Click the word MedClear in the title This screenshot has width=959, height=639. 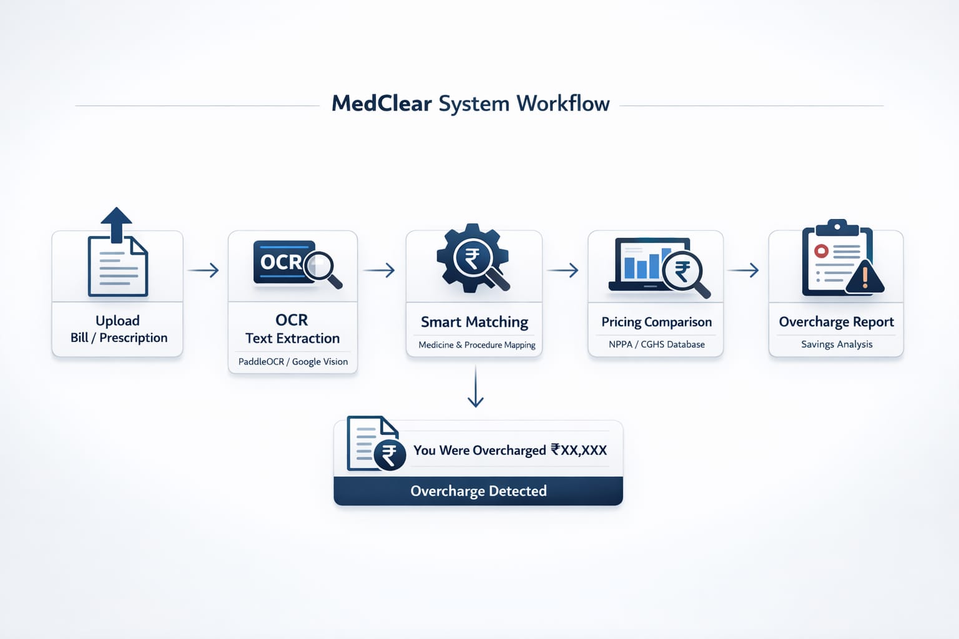[381, 104]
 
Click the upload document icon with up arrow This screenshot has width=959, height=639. [117, 253]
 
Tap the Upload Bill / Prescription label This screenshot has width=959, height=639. [118, 329]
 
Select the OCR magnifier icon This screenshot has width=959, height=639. [297, 265]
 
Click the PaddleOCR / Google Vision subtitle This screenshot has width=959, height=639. [293, 362]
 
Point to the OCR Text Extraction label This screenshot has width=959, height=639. [292, 329]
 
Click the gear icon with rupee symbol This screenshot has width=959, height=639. [473, 258]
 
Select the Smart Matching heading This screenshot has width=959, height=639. [474, 322]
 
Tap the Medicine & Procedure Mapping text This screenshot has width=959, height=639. [476, 345]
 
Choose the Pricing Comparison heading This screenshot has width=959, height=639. [656, 322]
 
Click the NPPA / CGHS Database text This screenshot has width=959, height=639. [656, 344]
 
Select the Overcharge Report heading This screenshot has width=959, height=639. [836, 322]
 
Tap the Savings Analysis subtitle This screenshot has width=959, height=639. [836, 344]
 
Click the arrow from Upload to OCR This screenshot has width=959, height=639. [204, 270]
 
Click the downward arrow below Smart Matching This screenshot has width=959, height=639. [476, 387]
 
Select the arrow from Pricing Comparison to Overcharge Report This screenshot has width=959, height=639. [743, 270]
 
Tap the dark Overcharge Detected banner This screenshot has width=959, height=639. [478, 491]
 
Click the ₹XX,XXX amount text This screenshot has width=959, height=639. [579, 450]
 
